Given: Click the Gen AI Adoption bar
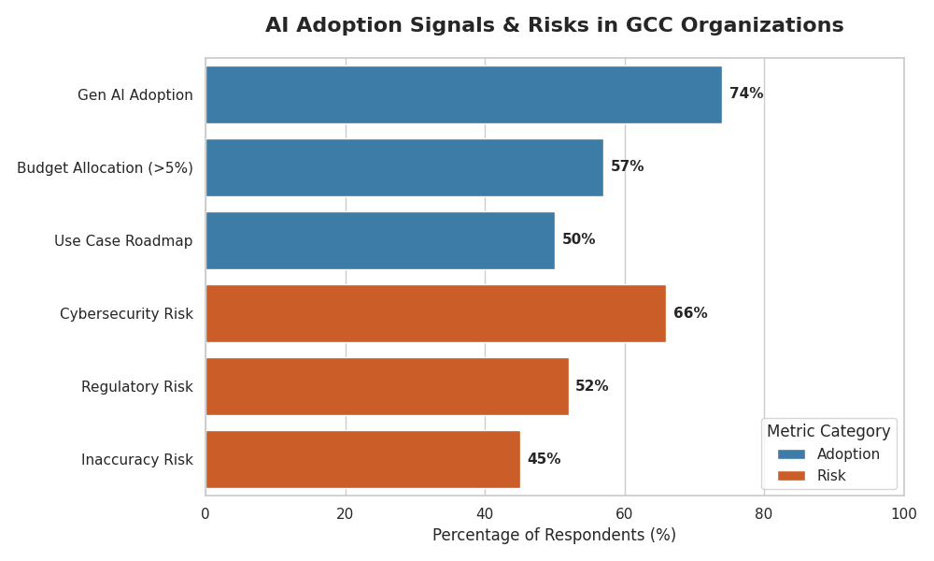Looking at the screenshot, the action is pyautogui.click(x=464, y=94).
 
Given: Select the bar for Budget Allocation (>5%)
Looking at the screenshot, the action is pyautogui.click(x=404, y=167).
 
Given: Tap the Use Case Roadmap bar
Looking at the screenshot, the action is pyautogui.click(x=380, y=241).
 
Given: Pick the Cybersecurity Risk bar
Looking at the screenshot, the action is pyautogui.click(x=436, y=313).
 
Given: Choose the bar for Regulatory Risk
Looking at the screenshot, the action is pyautogui.click(x=388, y=386).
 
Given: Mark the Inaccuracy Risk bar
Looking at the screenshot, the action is pyautogui.click(x=362, y=460).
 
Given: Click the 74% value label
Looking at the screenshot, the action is pyautogui.click(x=746, y=93).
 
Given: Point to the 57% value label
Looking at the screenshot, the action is pyautogui.click(x=628, y=166).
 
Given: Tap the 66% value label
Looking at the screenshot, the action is pyautogui.click(x=690, y=313).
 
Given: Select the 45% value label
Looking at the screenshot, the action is pyautogui.click(x=544, y=458).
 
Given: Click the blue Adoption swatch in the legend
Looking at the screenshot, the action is pyautogui.click(x=791, y=454).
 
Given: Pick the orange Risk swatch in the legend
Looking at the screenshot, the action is pyautogui.click(x=791, y=476).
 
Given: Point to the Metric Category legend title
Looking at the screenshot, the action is pyautogui.click(x=828, y=431).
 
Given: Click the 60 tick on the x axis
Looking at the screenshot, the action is pyautogui.click(x=624, y=514).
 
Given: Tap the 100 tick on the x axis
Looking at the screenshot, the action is pyautogui.click(x=903, y=514).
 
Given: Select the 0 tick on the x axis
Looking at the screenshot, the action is pyautogui.click(x=205, y=514).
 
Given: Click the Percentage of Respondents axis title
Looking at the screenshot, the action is pyautogui.click(x=554, y=535).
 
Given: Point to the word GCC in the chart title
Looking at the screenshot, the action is pyautogui.click(x=651, y=25).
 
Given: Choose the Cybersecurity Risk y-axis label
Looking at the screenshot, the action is pyautogui.click(x=126, y=313).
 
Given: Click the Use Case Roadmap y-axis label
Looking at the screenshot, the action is pyautogui.click(x=123, y=241).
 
